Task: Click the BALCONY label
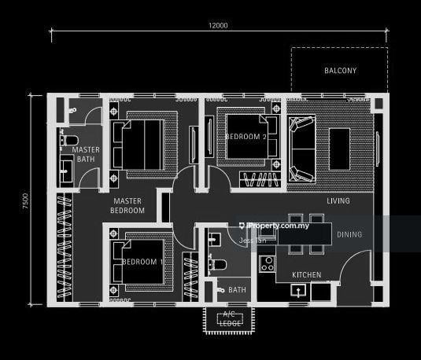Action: click(x=340, y=71)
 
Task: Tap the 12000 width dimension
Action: click(x=218, y=25)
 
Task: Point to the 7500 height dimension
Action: click(x=25, y=200)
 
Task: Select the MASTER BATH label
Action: click(x=85, y=155)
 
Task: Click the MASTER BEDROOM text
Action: click(x=127, y=206)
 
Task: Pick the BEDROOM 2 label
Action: click(x=246, y=136)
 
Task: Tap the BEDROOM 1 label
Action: click(x=143, y=262)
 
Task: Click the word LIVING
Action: click(x=339, y=201)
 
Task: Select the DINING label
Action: click(x=349, y=234)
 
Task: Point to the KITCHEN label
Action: click(x=306, y=275)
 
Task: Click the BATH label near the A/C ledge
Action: click(x=237, y=290)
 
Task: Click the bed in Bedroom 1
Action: click(x=142, y=262)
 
